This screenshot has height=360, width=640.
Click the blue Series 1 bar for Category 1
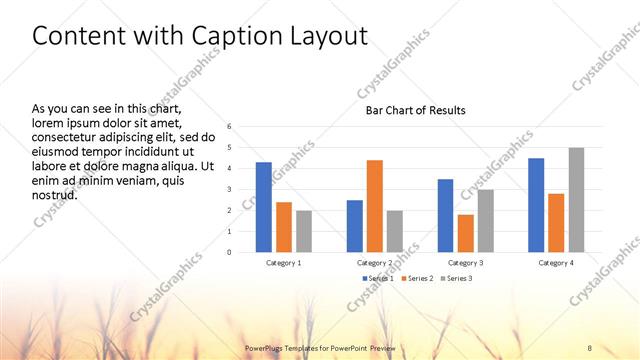pos(263,207)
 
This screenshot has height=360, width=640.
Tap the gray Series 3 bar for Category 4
pos(576,200)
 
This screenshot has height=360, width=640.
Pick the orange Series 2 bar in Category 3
pos(465,233)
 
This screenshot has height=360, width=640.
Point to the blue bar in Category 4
pos(536,205)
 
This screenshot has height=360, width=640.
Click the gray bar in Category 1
pos(304,231)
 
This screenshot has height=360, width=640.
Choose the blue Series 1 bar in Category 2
pos(355,226)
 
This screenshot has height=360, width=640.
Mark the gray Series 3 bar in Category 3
pos(485,221)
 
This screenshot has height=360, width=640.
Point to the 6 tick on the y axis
pos(230,127)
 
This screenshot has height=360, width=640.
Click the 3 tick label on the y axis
pos(230,190)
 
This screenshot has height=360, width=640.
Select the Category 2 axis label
pos(375,262)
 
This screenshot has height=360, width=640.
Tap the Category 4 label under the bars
pos(555,262)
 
